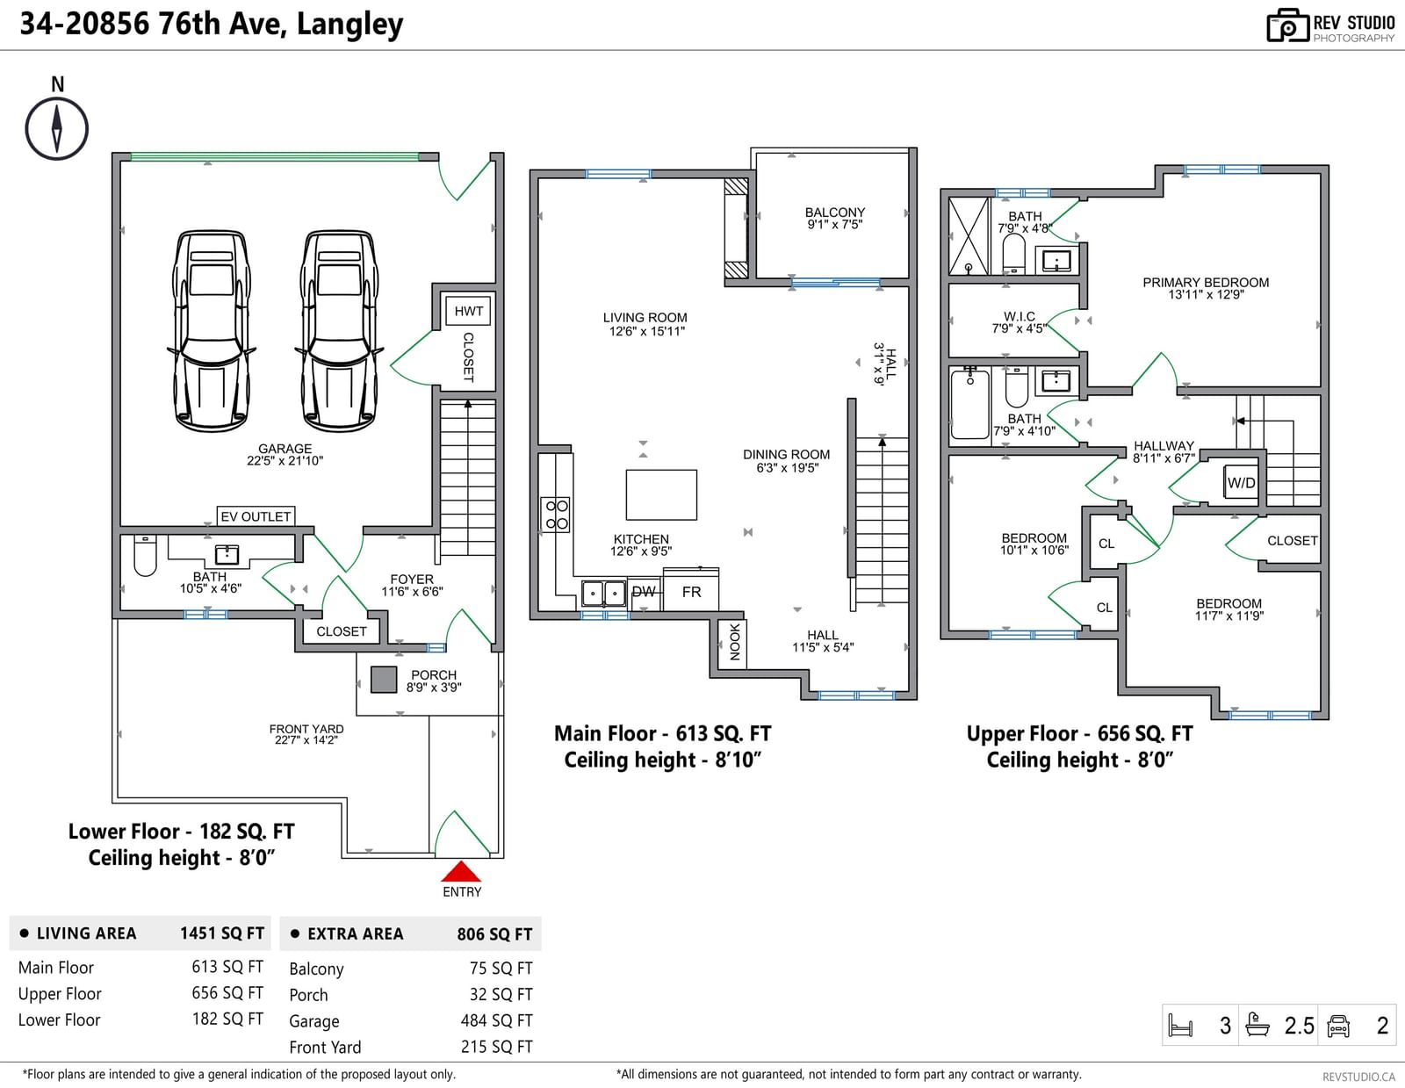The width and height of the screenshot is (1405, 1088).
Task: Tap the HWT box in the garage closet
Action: [x=468, y=311]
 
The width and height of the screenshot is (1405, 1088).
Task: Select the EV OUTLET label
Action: [x=256, y=516]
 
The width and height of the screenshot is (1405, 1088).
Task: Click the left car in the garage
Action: [x=211, y=329]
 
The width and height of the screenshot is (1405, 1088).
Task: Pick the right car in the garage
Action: [x=339, y=329]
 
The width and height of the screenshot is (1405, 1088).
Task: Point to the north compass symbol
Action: [x=57, y=129]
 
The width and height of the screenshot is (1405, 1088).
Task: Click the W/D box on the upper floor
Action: [x=1241, y=482]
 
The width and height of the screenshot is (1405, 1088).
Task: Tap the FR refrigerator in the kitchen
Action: [x=691, y=590]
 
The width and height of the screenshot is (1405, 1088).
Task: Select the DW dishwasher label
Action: [x=644, y=592]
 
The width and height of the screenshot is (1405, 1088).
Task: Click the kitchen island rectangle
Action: [x=661, y=494]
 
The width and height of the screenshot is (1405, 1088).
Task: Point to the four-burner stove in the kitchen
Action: [x=557, y=515]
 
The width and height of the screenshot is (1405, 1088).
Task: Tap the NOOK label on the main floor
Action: [x=734, y=642]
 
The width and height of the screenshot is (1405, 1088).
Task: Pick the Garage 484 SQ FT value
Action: [x=496, y=1020]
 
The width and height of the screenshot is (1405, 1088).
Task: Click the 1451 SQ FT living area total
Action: [x=222, y=933]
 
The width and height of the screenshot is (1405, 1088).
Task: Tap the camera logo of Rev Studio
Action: [x=1287, y=25]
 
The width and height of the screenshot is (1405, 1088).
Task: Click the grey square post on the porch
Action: [x=384, y=680]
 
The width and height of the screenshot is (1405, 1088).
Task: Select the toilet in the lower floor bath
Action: [x=145, y=555]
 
